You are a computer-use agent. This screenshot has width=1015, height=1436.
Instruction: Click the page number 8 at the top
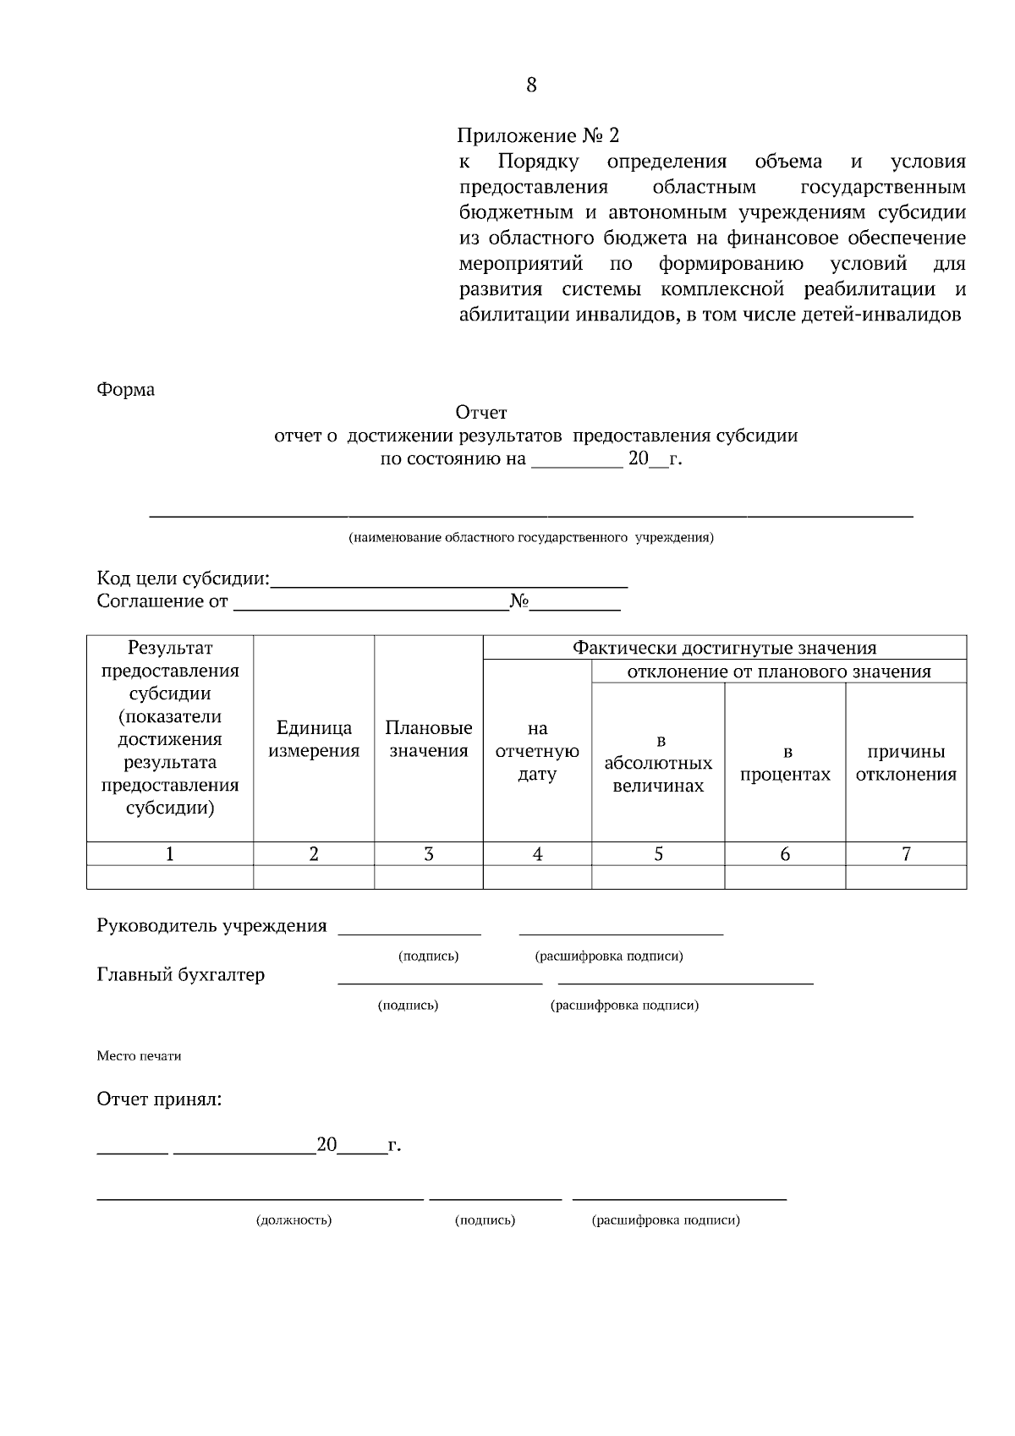point(531,85)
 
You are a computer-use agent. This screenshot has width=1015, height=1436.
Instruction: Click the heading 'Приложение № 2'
point(538,135)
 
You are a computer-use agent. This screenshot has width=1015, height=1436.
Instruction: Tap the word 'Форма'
point(126,390)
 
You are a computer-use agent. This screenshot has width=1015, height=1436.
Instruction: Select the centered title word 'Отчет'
point(480,413)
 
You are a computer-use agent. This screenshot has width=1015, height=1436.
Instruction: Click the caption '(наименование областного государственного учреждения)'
point(531,537)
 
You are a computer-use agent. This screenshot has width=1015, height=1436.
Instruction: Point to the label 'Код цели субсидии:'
point(183,579)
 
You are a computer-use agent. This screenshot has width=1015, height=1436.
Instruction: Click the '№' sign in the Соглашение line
point(519,601)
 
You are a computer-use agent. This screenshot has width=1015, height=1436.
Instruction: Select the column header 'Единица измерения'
point(314,739)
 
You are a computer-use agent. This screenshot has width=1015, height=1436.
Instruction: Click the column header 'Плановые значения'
point(428,739)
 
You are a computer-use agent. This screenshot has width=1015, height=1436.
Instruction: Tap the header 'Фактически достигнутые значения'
point(724,648)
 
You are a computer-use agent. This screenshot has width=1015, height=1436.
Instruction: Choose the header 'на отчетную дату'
point(537,751)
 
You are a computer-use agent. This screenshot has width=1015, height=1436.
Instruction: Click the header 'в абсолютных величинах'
point(658,764)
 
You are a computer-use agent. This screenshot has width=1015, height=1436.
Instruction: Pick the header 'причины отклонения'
point(906,763)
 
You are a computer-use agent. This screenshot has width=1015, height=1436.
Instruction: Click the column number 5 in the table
point(658,854)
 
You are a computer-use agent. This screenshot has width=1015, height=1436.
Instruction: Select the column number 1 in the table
point(170,854)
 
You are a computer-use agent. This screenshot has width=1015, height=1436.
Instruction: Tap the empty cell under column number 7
point(906,877)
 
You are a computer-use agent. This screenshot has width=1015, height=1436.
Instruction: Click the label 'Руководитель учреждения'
point(211,926)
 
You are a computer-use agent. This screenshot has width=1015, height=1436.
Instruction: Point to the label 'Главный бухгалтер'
point(180,975)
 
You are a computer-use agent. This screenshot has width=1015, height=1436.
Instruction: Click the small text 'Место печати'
point(139,1056)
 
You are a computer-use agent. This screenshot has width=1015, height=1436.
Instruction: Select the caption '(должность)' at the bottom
point(294,1220)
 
